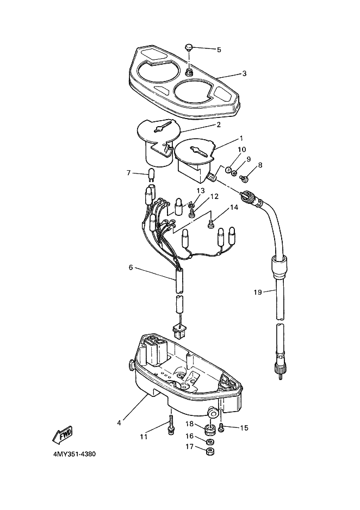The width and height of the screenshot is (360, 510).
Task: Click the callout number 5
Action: pos(219,50)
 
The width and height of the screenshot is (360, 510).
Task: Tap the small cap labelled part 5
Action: pos(189,48)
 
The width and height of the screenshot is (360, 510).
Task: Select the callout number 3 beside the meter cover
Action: pos(245,73)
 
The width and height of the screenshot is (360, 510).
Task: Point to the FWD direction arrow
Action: pos(63,434)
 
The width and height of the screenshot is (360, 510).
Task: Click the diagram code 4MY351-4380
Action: pos(75,454)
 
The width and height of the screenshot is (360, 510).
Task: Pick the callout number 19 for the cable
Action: pos(258,293)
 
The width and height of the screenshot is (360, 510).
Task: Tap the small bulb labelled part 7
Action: pos(151,175)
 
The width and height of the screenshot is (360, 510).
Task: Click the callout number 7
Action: pos(129,173)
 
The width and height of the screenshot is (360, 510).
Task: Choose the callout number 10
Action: pos(242,150)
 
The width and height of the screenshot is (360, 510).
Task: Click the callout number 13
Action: pos(201,190)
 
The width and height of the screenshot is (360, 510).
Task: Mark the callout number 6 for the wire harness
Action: pos(131,268)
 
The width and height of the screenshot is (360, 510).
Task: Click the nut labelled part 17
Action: pos(210,451)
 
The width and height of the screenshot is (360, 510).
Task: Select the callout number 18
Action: pos(189,424)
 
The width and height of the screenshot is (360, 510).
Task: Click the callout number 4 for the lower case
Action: pos(119,423)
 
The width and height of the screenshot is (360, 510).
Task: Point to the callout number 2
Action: pos(218,125)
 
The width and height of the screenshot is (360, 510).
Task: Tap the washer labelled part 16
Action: pos(210,441)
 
